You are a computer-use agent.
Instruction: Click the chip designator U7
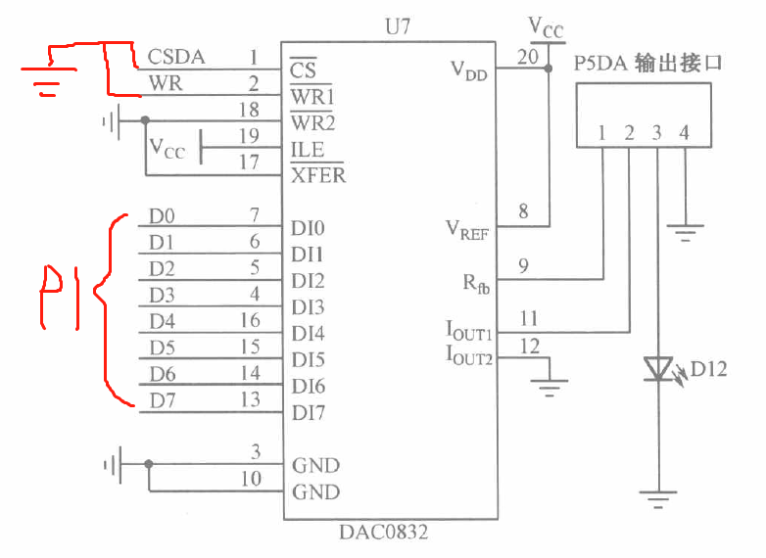[x=399, y=26]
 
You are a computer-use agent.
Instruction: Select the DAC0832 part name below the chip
[x=383, y=534]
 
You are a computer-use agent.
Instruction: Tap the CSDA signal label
[x=176, y=57]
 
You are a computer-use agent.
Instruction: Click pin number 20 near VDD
[x=527, y=57]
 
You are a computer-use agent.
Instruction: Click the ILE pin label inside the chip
[x=307, y=151]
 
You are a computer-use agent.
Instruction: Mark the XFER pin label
[x=317, y=176]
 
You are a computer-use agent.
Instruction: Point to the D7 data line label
[x=163, y=400]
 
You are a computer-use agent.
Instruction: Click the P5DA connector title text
[x=647, y=65]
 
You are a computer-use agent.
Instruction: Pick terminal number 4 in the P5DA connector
[x=685, y=132]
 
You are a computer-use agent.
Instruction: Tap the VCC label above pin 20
[x=546, y=25]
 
